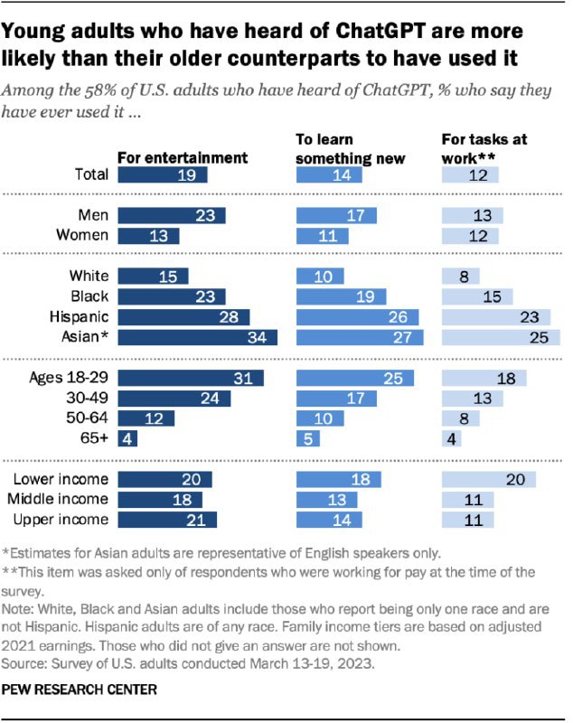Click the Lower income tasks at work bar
(x=488, y=479)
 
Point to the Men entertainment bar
(x=172, y=215)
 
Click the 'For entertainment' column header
(x=183, y=157)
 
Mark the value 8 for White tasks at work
(x=462, y=277)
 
